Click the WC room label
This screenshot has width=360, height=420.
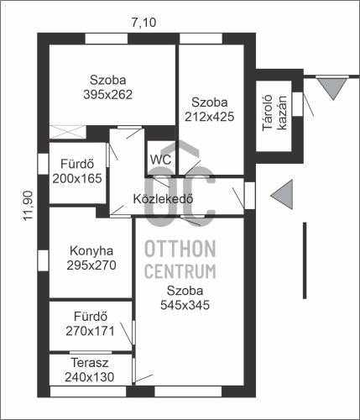[160, 160]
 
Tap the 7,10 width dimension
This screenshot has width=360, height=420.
[143, 23]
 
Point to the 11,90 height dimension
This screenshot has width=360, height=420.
[29, 206]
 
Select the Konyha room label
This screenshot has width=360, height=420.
[91, 251]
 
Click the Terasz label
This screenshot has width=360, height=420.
[90, 363]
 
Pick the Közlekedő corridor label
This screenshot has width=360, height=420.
[163, 199]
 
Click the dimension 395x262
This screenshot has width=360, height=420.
[108, 95]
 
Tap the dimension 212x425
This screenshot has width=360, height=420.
[210, 117]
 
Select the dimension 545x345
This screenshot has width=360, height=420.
[185, 305]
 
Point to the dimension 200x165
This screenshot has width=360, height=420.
[77, 178]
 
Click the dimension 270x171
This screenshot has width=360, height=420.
[91, 331]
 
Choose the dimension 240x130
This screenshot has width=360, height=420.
[90, 377]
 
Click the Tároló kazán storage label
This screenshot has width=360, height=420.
[274, 113]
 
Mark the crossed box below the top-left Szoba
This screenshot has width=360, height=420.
[68, 132]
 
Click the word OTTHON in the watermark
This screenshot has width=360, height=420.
[180, 249]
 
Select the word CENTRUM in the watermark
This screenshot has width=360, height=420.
[180, 271]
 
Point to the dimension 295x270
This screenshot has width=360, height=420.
[91, 265]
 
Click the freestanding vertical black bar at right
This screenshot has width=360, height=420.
[305, 260]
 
